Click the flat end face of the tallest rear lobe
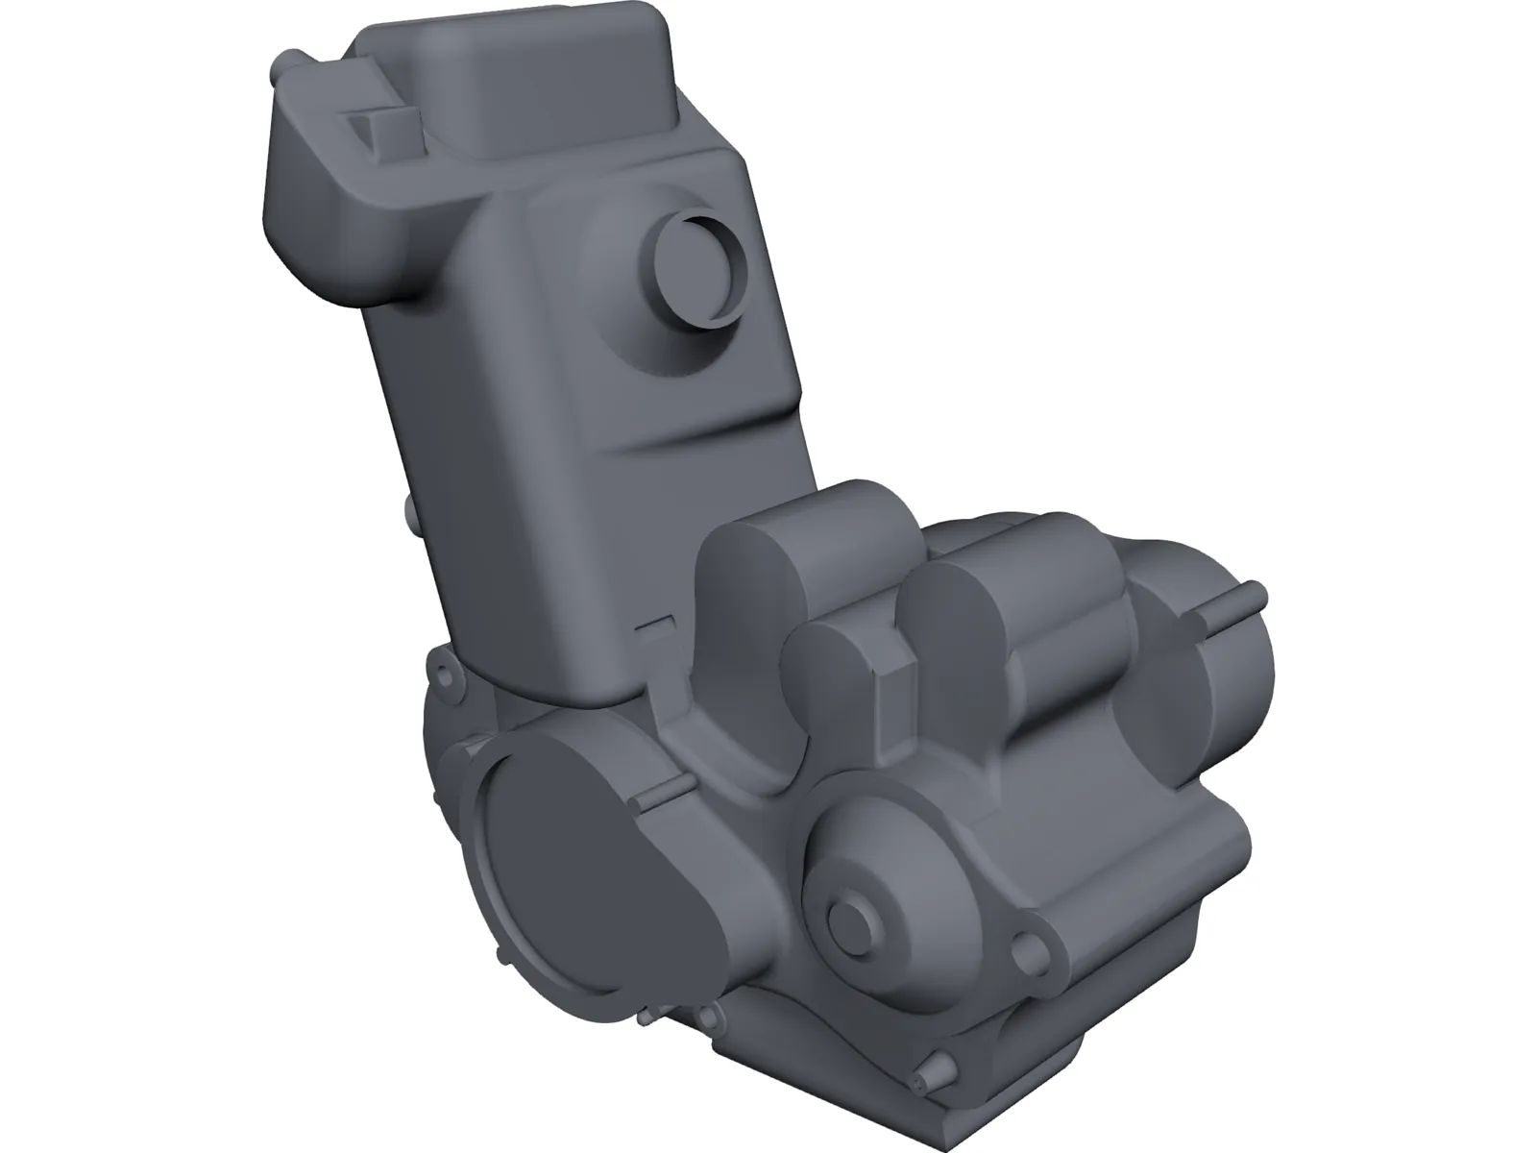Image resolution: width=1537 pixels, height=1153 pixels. tap(744, 625)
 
